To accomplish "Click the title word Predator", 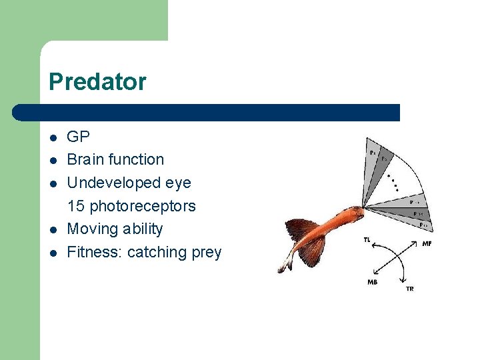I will tap(97, 82).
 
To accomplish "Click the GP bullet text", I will tap(78, 137).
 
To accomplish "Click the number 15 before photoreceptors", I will tap(76, 206).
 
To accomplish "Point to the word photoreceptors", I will tap(143, 206).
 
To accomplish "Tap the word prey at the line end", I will tap(205, 253).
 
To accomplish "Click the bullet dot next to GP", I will tap(53, 138).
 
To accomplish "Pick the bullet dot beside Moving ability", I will tap(53, 229).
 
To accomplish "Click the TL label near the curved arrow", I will tap(367, 239).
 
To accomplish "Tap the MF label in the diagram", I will tap(427, 244).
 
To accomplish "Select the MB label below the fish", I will tap(372, 282).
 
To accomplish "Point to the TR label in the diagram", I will tap(409, 289).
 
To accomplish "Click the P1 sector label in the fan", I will tap(372, 153).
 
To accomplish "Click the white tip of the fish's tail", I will tap(283, 267).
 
